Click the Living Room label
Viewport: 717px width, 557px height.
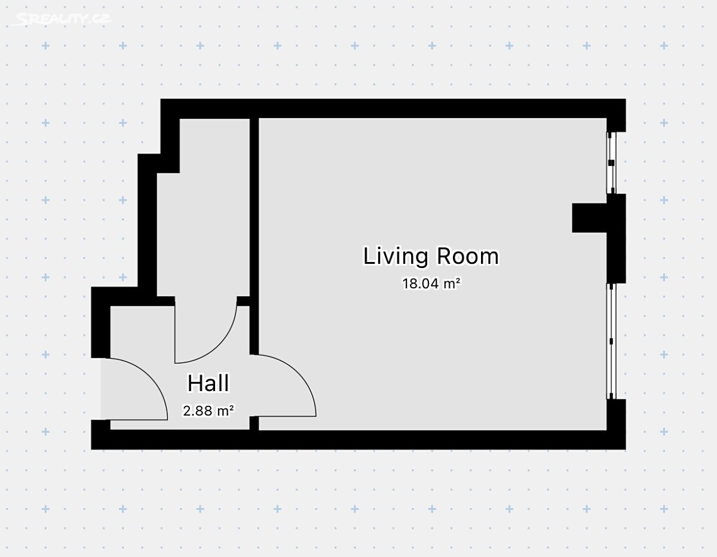pyautogui.click(x=431, y=256)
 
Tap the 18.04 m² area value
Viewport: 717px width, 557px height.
pyautogui.click(x=431, y=284)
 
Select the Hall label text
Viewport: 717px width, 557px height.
pyautogui.click(x=208, y=383)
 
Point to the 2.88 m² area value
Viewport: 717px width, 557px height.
pyautogui.click(x=208, y=411)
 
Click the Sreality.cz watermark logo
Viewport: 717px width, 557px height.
pyautogui.click(x=62, y=19)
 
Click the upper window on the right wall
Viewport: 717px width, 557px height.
pyautogui.click(x=611, y=163)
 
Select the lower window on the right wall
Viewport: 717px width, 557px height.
pyautogui.click(x=611, y=341)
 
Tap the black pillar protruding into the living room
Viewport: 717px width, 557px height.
pyautogui.click(x=589, y=218)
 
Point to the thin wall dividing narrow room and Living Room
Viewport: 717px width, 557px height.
pyautogui.click(x=254, y=236)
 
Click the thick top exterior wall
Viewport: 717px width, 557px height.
pyautogui.click(x=393, y=108)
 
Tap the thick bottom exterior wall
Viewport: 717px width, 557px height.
pyautogui.click(x=358, y=440)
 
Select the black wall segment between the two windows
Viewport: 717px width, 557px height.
pyautogui.click(x=617, y=239)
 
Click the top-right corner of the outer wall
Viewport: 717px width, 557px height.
pyautogui.click(x=626, y=99)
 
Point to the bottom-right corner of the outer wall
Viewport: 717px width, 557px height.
pyautogui.click(x=626, y=449)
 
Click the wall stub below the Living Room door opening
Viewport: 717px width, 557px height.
pyautogui.click(x=254, y=423)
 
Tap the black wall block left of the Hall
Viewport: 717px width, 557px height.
pyautogui.click(x=100, y=322)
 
